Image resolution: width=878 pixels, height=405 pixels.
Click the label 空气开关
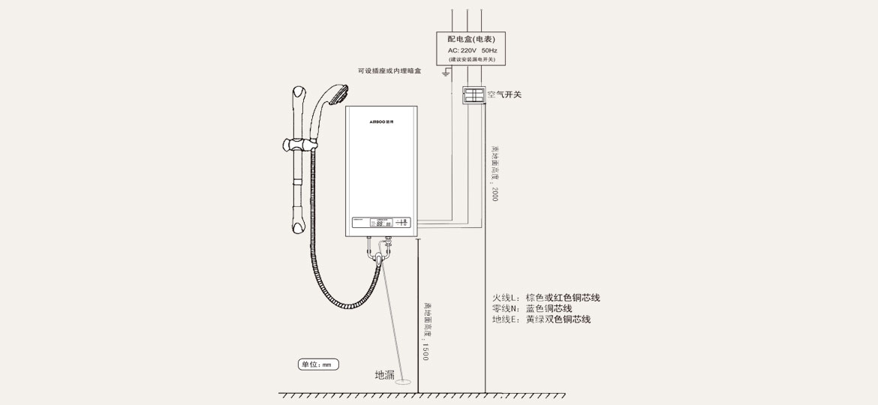[504, 95]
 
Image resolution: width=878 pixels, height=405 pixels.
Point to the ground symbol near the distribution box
[446, 73]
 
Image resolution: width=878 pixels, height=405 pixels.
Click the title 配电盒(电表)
[471, 39]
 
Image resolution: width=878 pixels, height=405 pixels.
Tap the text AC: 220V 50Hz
[471, 49]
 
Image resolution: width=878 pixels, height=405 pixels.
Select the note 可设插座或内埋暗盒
[389, 71]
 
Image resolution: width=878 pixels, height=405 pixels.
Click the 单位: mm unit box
[318, 364]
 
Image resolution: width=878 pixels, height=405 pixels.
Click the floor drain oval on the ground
[403, 381]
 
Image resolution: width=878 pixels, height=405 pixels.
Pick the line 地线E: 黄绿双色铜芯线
[541, 319]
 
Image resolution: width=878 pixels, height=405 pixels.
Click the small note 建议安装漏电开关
[471, 59]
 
